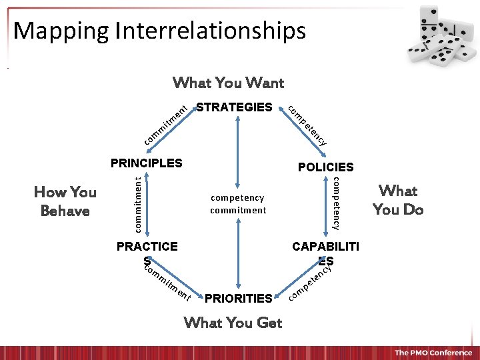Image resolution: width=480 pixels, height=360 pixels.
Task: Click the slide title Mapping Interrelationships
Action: coord(159,31)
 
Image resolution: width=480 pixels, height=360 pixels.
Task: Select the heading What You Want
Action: coord(228,83)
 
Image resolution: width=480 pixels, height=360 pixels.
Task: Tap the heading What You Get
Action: coord(233,323)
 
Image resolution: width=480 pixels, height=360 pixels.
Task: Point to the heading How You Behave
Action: coord(65,201)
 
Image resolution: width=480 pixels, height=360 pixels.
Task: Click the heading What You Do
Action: coord(398,200)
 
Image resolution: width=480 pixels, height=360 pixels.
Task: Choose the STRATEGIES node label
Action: coord(234,107)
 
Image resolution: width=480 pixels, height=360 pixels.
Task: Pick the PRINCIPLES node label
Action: coord(146,163)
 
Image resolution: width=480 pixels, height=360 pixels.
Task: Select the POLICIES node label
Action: coord(326,167)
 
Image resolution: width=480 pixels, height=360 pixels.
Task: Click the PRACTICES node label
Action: coord(147,251)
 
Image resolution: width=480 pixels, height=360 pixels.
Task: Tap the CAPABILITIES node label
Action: coord(326,252)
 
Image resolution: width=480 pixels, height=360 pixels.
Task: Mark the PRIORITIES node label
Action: coord(239,298)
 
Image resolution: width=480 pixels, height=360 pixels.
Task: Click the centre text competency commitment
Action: coord(238,204)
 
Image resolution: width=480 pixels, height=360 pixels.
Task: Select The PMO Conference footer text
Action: coord(432,352)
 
